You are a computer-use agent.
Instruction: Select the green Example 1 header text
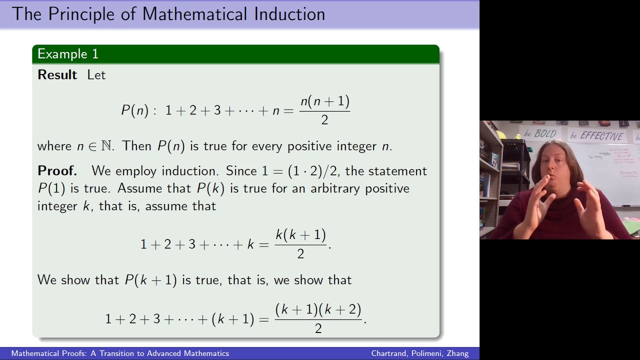(x=68, y=54)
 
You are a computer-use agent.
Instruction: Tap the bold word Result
(x=57, y=75)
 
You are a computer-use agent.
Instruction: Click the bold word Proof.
(x=57, y=171)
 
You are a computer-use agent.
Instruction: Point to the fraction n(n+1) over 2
(x=324, y=110)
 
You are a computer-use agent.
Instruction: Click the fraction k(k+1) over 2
(x=300, y=243)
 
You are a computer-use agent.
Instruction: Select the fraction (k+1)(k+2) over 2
(x=318, y=318)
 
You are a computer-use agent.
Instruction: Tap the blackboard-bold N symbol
(x=106, y=146)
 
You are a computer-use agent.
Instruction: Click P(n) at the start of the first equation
(x=135, y=110)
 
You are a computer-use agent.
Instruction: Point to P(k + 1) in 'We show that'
(x=150, y=280)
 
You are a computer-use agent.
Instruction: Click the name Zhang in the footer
(x=457, y=353)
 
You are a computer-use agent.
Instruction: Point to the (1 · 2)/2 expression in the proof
(x=314, y=171)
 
